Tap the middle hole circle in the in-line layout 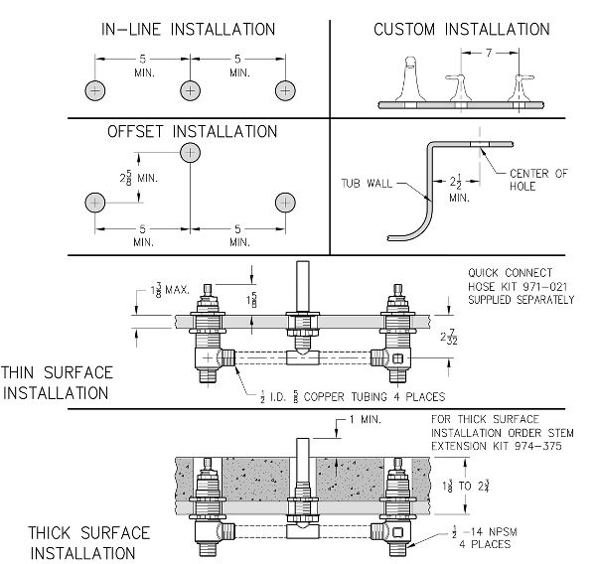pos(190,90)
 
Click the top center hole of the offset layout pos(190,153)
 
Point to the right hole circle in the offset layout pos(285,203)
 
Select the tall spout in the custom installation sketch pos(410,79)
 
